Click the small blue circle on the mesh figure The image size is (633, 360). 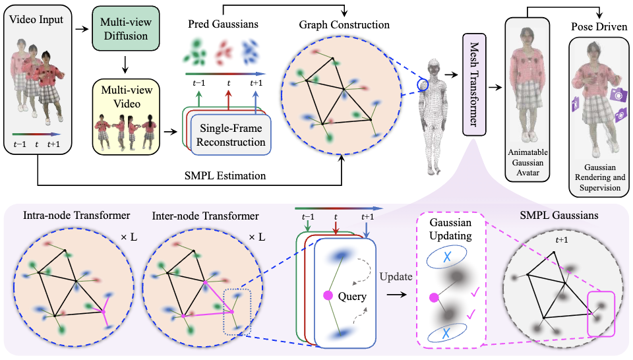pyautogui.click(x=421, y=84)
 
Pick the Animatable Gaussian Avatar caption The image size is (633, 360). pyautogui.click(x=526, y=162)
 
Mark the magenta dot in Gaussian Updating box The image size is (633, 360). pyautogui.click(x=433, y=298)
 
